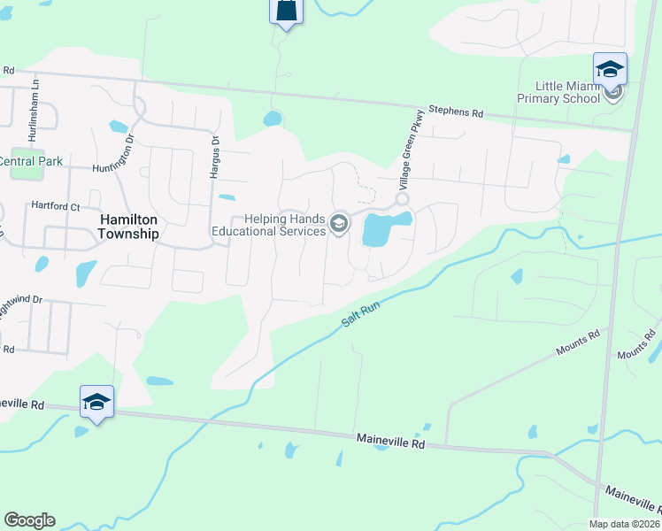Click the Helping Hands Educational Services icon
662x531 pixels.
tap(338, 225)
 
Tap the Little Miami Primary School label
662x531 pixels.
tap(567, 92)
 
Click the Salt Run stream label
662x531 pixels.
tap(361, 314)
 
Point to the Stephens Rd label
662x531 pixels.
tap(457, 112)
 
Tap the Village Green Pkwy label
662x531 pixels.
tap(407, 157)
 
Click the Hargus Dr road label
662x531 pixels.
tap(214, 158)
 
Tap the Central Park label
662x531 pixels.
tap(31, 161)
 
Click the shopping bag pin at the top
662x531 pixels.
tap(286, 11)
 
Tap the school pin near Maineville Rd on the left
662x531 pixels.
tap(96, 403)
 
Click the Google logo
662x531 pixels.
tap(29, 520)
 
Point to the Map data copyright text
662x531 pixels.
tap(623, 524)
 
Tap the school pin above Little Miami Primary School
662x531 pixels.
tap(610, 68)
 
